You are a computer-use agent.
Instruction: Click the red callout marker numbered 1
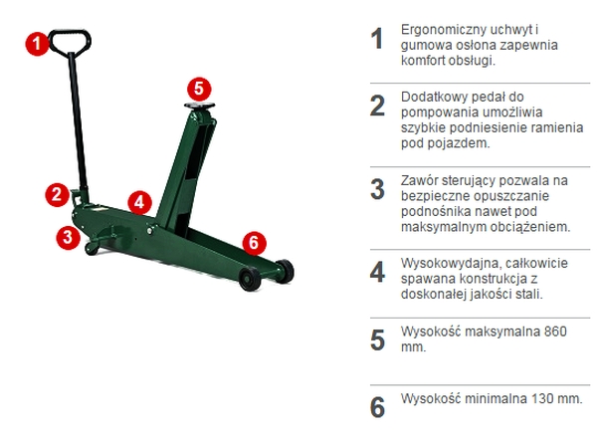tap(37, 44)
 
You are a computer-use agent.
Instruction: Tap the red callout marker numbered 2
tap(57, 195)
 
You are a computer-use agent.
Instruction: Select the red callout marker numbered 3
tap(68, 237)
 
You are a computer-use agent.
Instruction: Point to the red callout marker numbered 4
tap(139, 202)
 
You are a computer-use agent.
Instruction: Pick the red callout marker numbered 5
tap(199, 90)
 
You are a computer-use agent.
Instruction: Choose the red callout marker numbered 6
tap(254, 243)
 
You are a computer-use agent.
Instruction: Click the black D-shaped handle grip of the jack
tap(70, 41)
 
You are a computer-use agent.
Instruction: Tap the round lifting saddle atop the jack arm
tap(200, 107)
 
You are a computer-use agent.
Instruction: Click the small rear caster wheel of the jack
tap(92, 249)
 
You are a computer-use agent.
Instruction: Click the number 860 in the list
tap(555, 332)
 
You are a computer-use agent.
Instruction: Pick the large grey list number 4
tap(377, 273)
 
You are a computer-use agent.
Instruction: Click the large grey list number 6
tap(377, 407)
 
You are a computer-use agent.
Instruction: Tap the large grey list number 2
tap(377, 106)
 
